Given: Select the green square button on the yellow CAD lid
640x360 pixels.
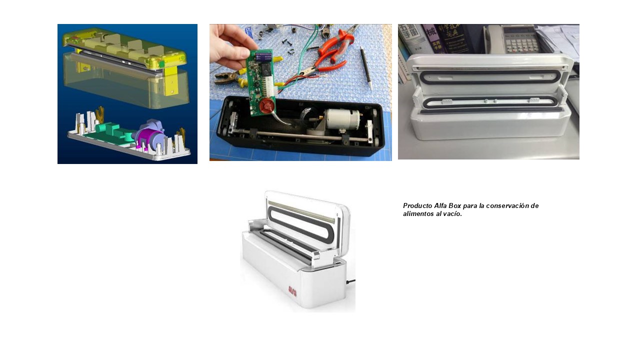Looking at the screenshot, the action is pyautogui.click(x=162, y=63).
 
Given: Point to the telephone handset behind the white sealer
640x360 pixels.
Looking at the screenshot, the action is pyautogui.click(x=493, y=39).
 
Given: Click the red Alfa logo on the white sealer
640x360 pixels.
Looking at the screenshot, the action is pyautogui.click(x=292, y=291).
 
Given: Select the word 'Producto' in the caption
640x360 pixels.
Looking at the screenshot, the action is pyautogui.click(x=417, y=205).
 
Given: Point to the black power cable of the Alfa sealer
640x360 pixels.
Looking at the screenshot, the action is pyautogui.click(x=351, y=281).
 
